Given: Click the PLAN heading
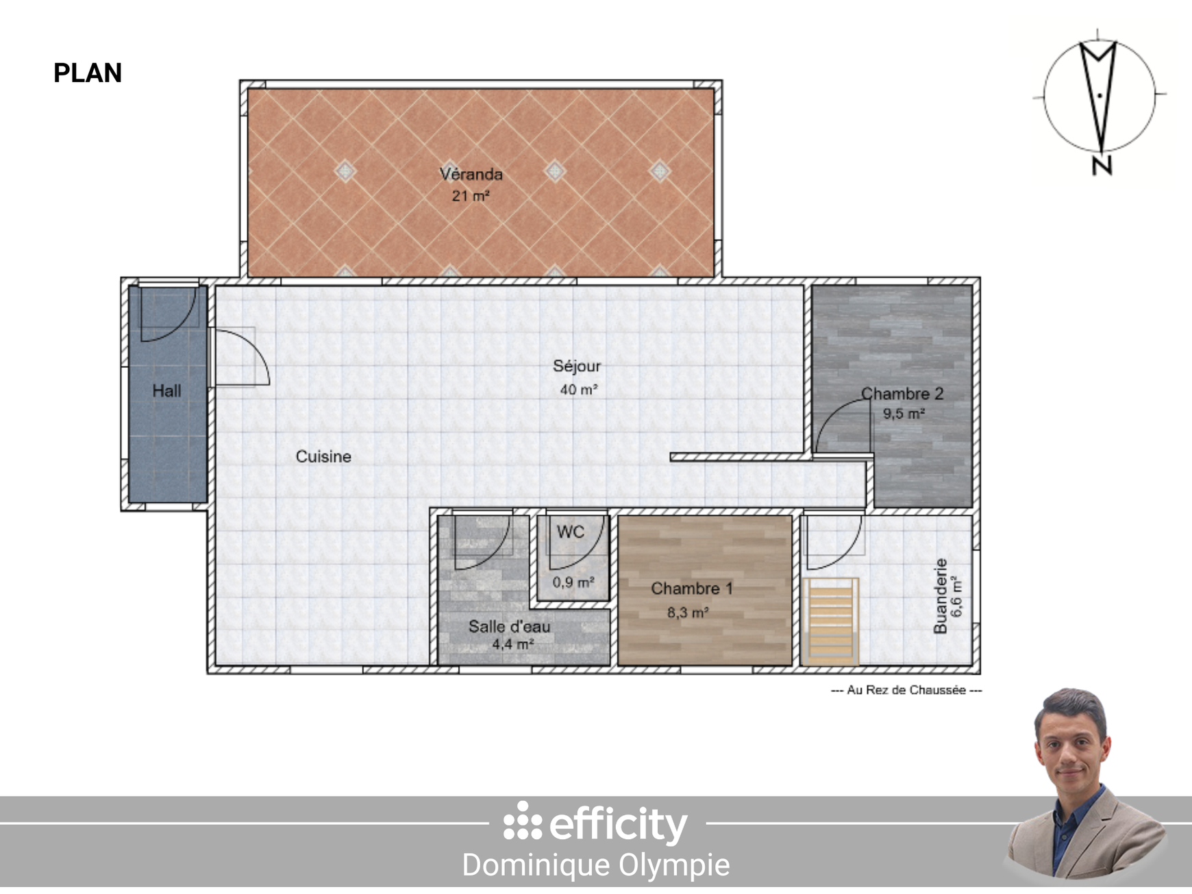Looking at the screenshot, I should point(88,73).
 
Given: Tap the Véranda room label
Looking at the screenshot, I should point(471,174).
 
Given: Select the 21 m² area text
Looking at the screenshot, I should point(471,196).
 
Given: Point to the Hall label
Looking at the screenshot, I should point(166,390).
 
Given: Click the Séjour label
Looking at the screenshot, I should point(577,367).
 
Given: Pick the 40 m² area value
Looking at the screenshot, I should point(579,390).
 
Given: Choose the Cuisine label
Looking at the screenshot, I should point(323,456).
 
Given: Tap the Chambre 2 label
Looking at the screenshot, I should point(902,393).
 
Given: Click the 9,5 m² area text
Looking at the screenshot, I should point(904,414).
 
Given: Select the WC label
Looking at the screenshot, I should point(571,532).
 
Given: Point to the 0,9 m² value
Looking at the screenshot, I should point(573,582).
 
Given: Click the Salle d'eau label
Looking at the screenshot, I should point(509,626).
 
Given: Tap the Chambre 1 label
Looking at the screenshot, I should point(692,588).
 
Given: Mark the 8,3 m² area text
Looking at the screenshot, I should point(688,612).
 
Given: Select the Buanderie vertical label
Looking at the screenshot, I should point(941,595).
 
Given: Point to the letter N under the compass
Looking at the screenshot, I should point(1102,165).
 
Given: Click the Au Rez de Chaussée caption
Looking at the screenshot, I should point(906,690).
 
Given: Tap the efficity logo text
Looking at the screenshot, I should point(618,824).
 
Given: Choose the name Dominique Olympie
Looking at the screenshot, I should point(596,865).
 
